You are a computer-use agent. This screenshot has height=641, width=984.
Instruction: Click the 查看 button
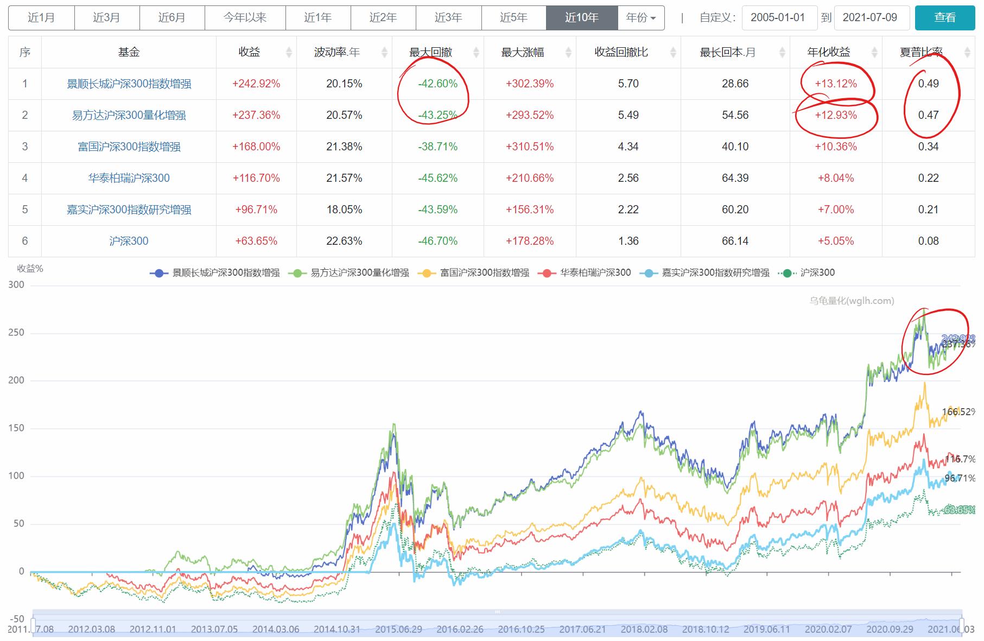coord(944,17)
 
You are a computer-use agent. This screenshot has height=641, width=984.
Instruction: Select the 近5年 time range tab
coord(513,17)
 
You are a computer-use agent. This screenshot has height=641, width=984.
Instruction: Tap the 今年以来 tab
coord(245,17)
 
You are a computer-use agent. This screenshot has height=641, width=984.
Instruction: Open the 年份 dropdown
coord(641,17)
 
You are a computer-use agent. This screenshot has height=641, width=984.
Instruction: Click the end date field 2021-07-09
coord(869,17)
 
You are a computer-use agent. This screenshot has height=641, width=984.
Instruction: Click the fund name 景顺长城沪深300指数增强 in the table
coord(129,84)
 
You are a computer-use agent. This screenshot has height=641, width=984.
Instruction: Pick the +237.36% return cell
coord(256,115)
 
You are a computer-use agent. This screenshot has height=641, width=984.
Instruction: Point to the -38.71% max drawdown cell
coord(437,147)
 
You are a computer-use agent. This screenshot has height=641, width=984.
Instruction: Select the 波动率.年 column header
coord(337,52)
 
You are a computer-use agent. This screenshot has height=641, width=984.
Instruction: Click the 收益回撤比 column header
coord(621,52)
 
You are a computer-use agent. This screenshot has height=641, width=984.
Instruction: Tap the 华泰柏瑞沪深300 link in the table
coord(129,178)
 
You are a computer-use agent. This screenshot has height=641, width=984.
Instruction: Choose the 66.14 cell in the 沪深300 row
coord(735,241)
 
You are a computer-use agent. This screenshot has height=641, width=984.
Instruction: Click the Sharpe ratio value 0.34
coord(928,147)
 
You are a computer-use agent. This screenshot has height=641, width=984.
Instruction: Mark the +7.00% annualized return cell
coord(835,210)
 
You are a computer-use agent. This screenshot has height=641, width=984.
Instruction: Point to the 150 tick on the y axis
coord(16,428)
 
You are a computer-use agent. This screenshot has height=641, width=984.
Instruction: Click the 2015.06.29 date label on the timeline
coord(398,629)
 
